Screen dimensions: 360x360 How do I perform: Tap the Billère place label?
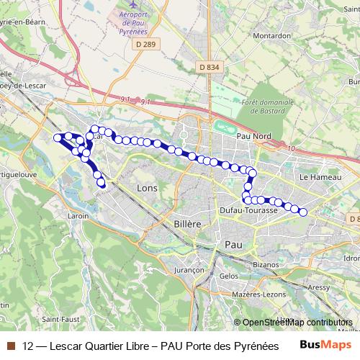tap(187, 224)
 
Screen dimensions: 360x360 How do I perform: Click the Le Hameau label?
tap(315, 176)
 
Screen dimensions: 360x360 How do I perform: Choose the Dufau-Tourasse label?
tap(248, 210)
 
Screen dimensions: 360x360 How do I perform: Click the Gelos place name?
tap(229, 276)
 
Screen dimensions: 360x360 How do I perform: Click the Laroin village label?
tap(78, 215)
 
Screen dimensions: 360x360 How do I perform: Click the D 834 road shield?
tap(208, 67)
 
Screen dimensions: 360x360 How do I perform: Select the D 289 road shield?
tap(145, 45)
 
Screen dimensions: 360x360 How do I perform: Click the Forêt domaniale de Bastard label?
tap(269, 107)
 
